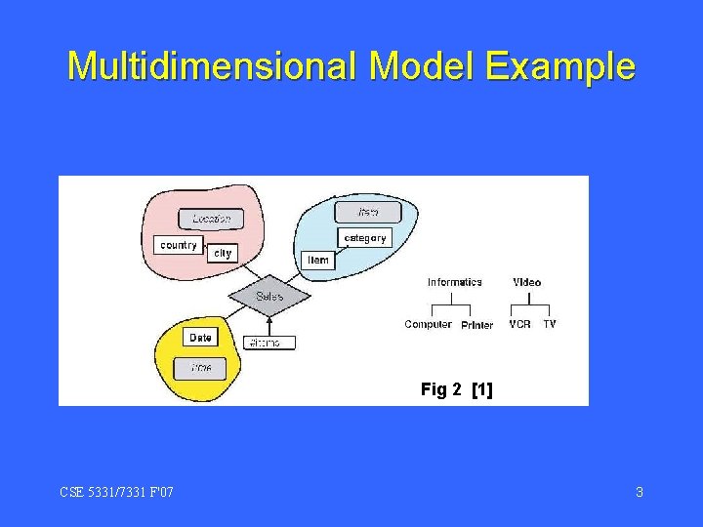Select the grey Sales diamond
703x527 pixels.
[x=269, y=296]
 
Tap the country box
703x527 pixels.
[x=179, y=245]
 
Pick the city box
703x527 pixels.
[x=223, y=253]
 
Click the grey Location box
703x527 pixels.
[x=212, y=220]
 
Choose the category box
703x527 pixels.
[x=365, y=237]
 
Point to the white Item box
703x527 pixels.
[x=318, y=261]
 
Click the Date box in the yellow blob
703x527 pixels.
[x=200, y=338]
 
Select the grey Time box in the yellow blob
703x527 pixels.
[x=201, y=368]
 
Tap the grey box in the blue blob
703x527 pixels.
[x=367, y=212]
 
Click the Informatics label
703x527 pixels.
[x=455, y=282]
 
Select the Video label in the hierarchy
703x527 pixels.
[x=527, y=282]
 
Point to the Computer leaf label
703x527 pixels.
[x=428, y=324]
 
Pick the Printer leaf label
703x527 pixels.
[x=477, y=325]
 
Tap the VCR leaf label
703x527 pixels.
[x=519, y=324]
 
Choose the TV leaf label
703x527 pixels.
[x=550, y=324]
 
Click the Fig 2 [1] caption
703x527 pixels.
[x=457, y=389]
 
